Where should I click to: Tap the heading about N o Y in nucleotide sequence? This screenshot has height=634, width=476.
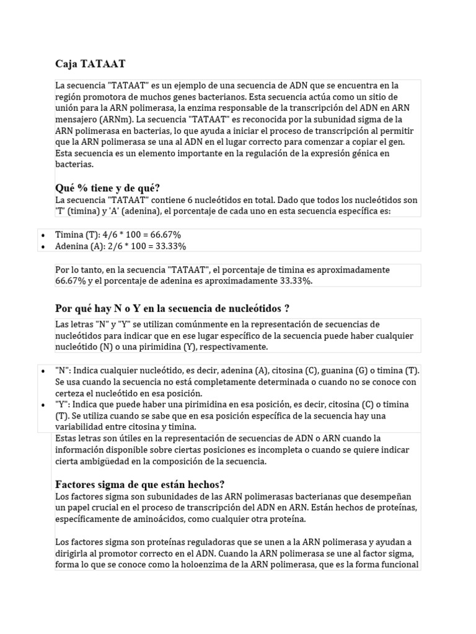(172, 308)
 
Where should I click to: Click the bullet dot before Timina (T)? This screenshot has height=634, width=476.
(42, 235)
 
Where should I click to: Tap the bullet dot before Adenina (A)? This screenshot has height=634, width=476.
(42, 246)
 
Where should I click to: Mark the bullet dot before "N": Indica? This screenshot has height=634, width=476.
(42, 371)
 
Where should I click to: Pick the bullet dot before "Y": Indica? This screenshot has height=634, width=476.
(42, 404)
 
